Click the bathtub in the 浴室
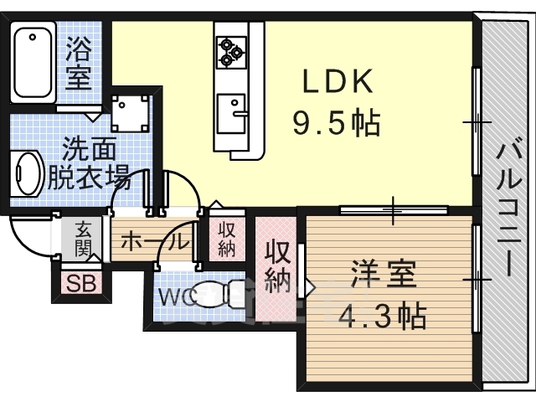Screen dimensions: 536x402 tap(33, 62)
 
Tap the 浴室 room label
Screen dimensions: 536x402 tap(79, 63)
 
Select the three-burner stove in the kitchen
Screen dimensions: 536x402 tap(231, 52)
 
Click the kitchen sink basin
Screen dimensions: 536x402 tap(231, 114)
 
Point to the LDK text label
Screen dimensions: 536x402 tap(338, 81)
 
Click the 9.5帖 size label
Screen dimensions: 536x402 tap(337, 122)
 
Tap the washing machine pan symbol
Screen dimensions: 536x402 tap(131, 114)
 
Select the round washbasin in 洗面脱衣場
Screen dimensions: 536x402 tap(28, 173)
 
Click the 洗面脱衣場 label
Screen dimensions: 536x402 tap(89, 163)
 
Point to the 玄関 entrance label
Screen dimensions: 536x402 tap(83, 239)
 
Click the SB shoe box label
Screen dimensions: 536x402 tap(81, 283)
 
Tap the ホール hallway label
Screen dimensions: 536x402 tap(154, 243)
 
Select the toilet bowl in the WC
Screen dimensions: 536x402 tap(219, 296)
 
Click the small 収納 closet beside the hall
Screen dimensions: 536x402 tap(227, 240)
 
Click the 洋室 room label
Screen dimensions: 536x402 tap(384, 274)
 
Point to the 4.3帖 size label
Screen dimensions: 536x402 tap(382, 315)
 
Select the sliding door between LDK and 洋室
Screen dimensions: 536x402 tap(394, 209)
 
